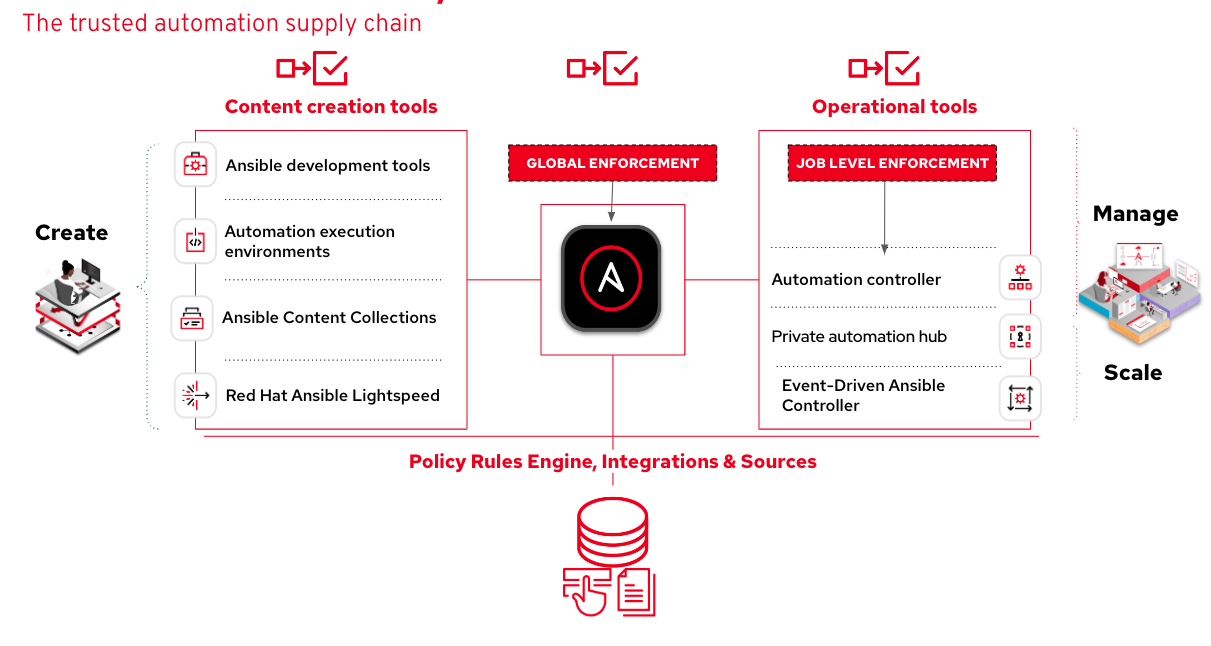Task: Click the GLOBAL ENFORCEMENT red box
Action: pyautogui.click(x=613, y=163)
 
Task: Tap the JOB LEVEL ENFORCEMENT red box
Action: pyautogui.click(x=892, y=163)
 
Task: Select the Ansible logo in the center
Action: pyautogui.click(x=611, y=278)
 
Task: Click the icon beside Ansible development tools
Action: pyautogui.click(x=195, y=164)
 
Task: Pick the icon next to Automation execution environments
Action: pyautogui.click(x=195, y=241)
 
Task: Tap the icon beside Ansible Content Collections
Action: pyautogui.click(x=192, y=318)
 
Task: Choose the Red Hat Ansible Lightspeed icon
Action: pyautogui.click(x=195, y=395)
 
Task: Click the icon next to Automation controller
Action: pyautogui.click(x=1020, y=278)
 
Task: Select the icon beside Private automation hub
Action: pyautogui.click(x=1020, y=336)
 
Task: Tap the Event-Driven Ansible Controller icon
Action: pyautogui.click(x=1020, y=398)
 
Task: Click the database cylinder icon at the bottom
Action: pyautogui.click(x=613, y=530)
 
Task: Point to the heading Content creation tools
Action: pyautogui.click(x=331, y=106)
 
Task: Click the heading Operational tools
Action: pyautogui.click(x=894, y=106)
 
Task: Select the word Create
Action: pyautogui.click(x=71, y=232)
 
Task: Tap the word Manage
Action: pyautogui.click(x=1135, y=214)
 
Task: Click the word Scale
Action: pyautogui.click(x=1133, y=372)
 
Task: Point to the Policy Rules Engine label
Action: pyautogui.click(x=613, y=461)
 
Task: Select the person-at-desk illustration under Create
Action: pyautogui.click(x=78, y=305)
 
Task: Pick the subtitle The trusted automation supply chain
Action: pyautogui.click(x=222, y=23)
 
